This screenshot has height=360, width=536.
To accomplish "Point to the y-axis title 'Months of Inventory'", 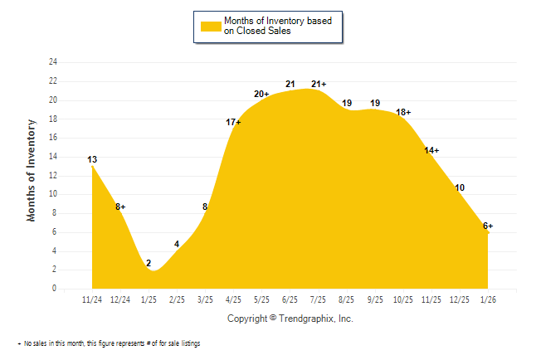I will (32, 170).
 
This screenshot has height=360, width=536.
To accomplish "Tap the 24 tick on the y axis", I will (53, 62).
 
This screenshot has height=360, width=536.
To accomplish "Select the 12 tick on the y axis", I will (53, 175).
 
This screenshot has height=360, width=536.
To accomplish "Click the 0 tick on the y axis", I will (55, 289).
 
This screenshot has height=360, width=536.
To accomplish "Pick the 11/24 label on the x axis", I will (92, 299).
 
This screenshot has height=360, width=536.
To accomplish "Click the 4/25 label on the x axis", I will (233, 299).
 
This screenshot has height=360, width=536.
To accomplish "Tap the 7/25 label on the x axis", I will (318, 299).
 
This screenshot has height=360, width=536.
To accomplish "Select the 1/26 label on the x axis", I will (488, 299).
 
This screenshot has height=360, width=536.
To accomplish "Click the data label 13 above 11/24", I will (92, 159).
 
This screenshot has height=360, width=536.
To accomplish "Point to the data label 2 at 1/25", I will (149, 264).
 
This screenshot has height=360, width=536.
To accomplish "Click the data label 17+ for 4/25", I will (233, 123).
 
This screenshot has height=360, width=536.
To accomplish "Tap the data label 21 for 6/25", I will (290, 84).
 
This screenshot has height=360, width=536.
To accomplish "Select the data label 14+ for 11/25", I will (431, 150).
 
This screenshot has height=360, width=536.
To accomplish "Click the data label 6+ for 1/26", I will (488, 226).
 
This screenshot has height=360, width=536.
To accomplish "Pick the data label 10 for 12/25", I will (460, 188).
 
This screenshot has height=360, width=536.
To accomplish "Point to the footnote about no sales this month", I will (111, 343).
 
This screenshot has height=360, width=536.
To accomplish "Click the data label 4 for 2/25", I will (177, 244).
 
